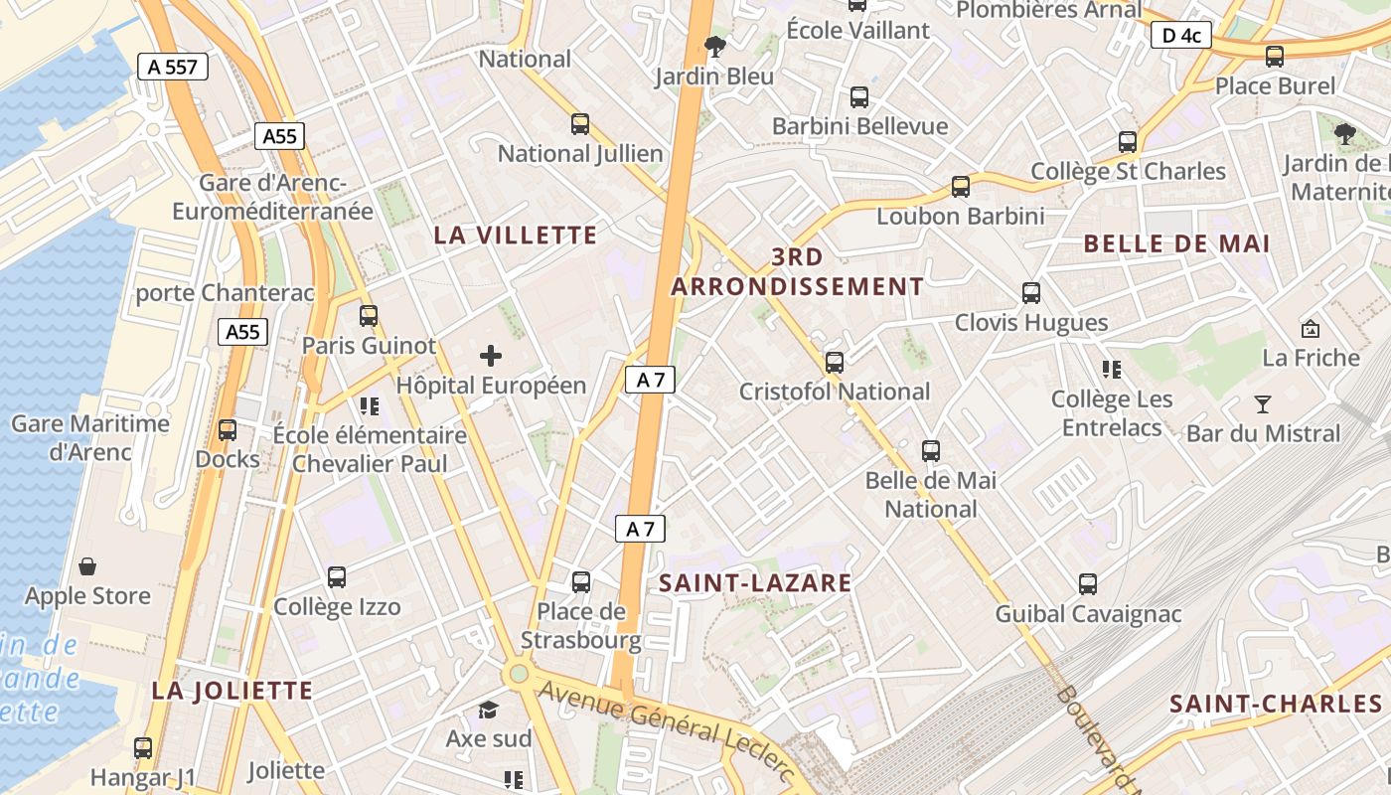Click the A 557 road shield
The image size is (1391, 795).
click(173, 68)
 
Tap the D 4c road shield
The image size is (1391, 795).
click(1181, 36)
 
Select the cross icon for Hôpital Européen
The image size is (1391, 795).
click(491, 356)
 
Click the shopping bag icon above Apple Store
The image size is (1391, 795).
click(87, 567)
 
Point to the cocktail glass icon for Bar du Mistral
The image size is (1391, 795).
click(1263, 403)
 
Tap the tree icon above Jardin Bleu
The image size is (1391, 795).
click(712, 46)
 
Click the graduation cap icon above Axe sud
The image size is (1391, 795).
click(488, 710)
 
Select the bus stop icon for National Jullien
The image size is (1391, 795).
click(580, 124)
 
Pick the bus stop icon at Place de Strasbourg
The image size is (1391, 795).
click(581, 581)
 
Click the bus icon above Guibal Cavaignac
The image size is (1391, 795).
click(1088, 584)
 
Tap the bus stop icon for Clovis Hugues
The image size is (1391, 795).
click(1031, 293)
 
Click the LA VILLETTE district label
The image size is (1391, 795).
click(516, 236)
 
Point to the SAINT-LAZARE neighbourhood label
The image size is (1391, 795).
click(755, 583)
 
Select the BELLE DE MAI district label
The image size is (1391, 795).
click(1176, 243)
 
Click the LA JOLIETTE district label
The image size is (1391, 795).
click(232, 691)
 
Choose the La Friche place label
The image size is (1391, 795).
click(1311, 358)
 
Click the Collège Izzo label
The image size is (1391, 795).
click(337, 607)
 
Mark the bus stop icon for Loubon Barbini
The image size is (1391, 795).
click(960, 187)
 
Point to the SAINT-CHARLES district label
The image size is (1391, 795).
click(1276, 705)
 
